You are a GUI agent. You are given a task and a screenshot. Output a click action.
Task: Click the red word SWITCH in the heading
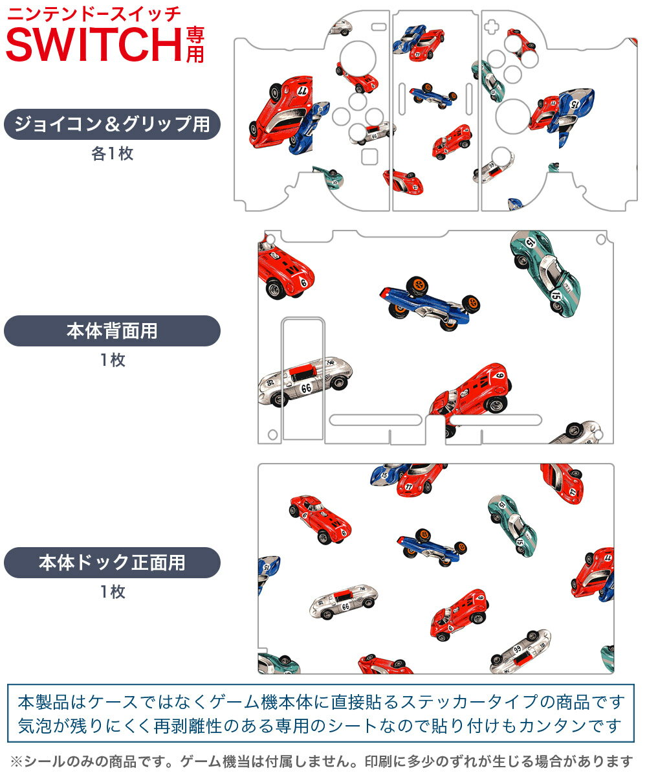pyautogui.click(x=94, y=44)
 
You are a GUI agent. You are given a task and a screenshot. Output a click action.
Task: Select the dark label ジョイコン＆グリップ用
pyautogui.click(x=112, y=124)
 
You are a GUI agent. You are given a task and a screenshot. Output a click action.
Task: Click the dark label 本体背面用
pyautogui.click(x=112, y=331)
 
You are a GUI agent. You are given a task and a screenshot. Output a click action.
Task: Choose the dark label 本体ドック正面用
pyautogui.click(x=112, y=562)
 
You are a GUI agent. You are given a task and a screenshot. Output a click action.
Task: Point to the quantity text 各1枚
pyautogui.click(x=112, y=154)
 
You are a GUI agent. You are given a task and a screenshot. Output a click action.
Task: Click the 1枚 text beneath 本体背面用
pyautogui.click(x=112, y=361)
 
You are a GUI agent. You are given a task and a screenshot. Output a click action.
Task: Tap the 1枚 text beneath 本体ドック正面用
pyautogui.click(x=112, y=592)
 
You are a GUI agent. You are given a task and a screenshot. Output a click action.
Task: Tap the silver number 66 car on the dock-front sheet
pyautogui.click(x=343, y=602)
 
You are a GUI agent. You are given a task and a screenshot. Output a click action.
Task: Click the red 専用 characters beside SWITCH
pyautogui.click(x=195, y=44)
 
